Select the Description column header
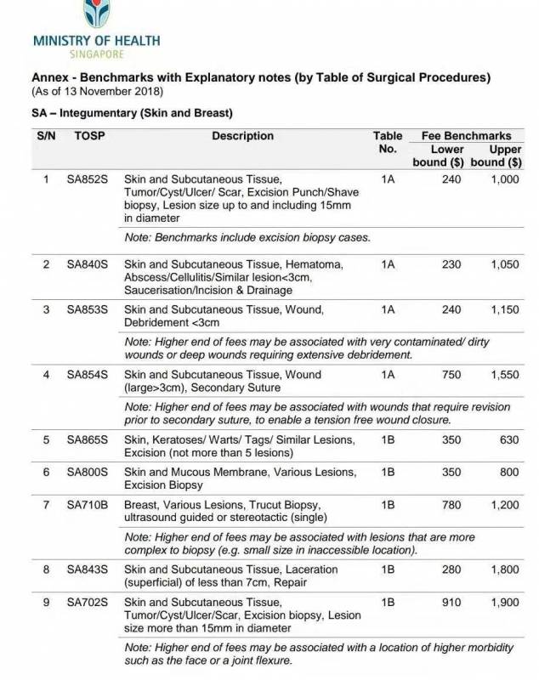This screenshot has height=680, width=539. tap(242, 136)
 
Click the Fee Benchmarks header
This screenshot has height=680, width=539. tap(466, 136)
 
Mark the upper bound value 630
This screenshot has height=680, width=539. tap(507, 440)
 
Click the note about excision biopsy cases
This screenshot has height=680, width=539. tap(247, 237)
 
